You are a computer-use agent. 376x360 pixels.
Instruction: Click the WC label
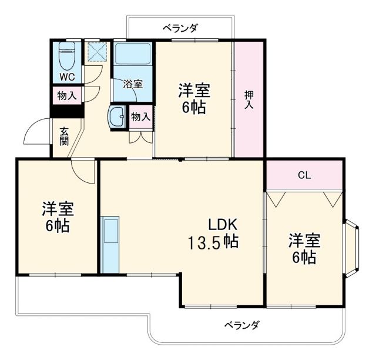pyautogui.click(x=66, y=77)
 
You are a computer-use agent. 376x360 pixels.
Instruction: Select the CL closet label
pyautogui.click(x=304, y=175)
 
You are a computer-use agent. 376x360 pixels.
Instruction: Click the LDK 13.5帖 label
pyautogui.click(x=213, y=233)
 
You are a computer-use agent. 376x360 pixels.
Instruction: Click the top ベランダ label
pyautogui.click(x=180, y=28)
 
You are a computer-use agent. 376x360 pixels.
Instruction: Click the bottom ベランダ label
pyautogui.click(x=241, y=325)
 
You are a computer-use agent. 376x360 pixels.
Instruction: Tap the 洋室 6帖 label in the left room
pyautogui.click(x=58, y=217)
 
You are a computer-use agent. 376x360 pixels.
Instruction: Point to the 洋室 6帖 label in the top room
pyautogui.click(x=194, y=99)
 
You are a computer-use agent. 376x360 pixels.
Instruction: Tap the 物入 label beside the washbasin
pyautogui.click(x=141, y=116)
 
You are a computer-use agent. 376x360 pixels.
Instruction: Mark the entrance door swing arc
pyautogui.click(x=35, y=132)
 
